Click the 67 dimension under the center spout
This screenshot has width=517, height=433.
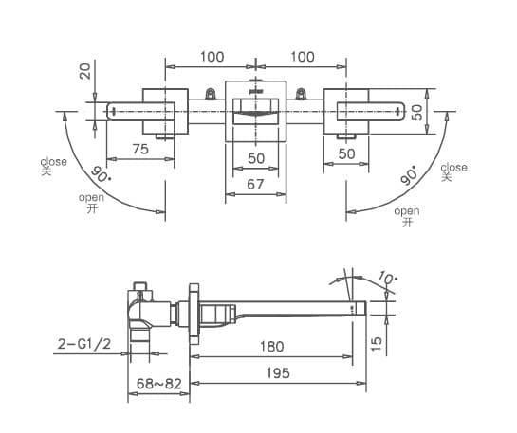point(255,185)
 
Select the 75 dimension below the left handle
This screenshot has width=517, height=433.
point(139,149)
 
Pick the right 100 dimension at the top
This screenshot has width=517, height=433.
point(302,57)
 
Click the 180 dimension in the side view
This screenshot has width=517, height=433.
point(271,346)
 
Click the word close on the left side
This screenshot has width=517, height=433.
point(54,161)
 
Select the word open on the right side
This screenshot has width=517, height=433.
point(406,211)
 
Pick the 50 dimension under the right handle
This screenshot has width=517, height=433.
point(346,153)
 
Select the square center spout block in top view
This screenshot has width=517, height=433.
point(255,112)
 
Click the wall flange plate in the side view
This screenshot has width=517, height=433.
point(194,310)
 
